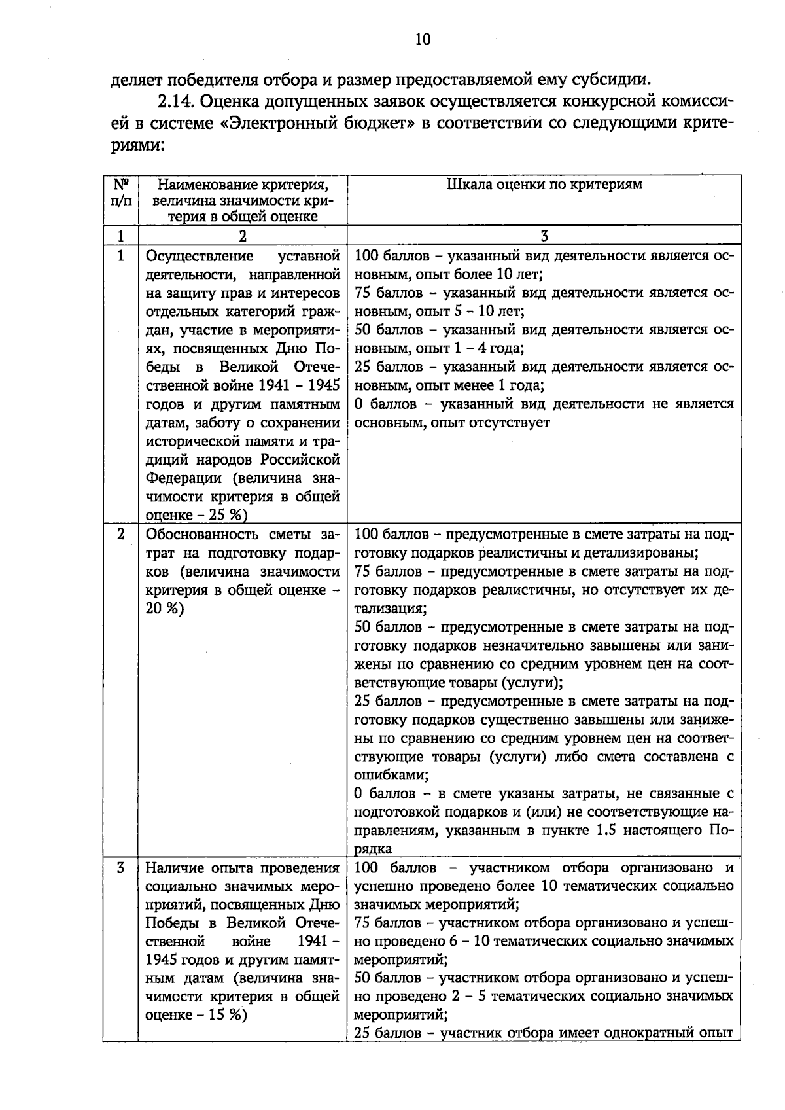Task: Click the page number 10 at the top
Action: (423, 40)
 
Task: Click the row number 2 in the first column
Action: (120, 535)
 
